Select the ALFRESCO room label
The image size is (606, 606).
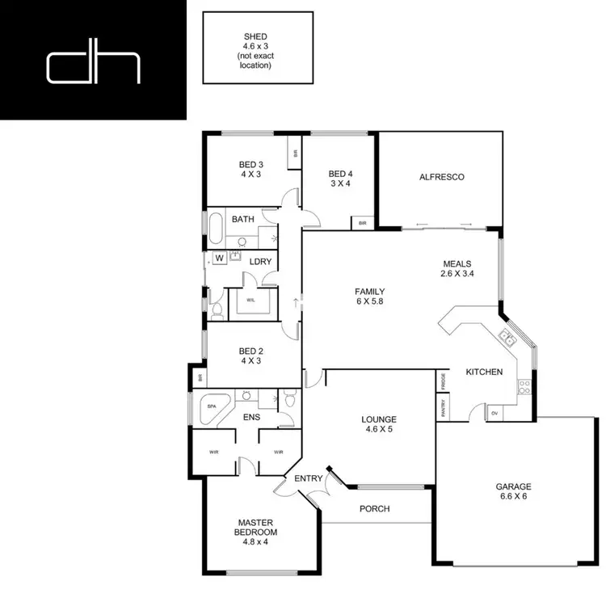pyautogui.click(x=441, y=177)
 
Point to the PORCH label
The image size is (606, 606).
pyautogui.click(x=374, y=509)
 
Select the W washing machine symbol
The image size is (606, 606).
pyautogui.click(x=219, y=259)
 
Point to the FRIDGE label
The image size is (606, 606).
pyautogui.click(x=443, y=380)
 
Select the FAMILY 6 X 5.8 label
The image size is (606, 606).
pyautogui.click(x=369, y=297)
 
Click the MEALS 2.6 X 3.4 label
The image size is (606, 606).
pyautogui.click(x=457, y=268)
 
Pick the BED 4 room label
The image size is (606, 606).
pyautogui.click(x=340, y=179)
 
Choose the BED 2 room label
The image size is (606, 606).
pyautogui.click(x=250, y=356)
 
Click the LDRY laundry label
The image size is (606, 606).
pyautogui.click(x=259, y=261)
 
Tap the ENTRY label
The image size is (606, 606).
pyautogui.click(x=309, y=478)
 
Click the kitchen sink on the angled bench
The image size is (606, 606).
pyautogui.click(x=507, y=338)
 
